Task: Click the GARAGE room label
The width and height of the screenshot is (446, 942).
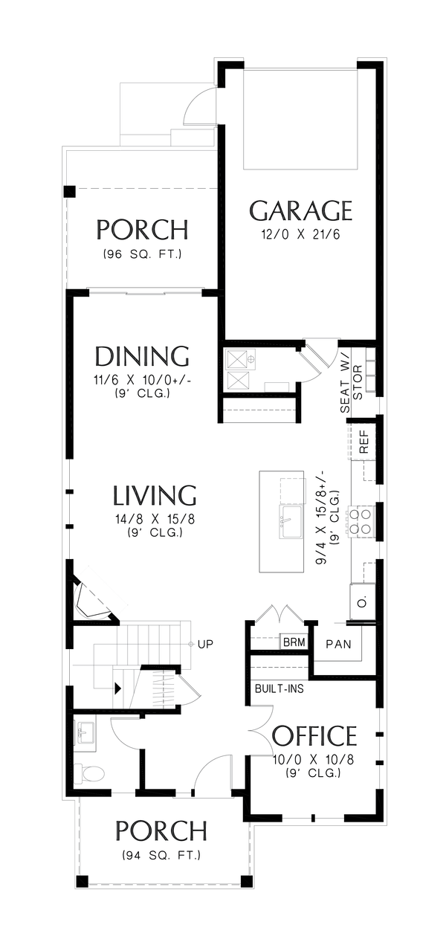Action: (x=300, y=211)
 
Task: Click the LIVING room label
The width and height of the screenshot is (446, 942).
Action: (x=155, y=495)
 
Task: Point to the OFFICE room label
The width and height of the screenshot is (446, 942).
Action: (x=314, y=736)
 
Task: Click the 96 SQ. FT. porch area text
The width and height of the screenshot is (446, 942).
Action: (x=141, y=254)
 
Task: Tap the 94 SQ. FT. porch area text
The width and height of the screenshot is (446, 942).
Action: (x=161, y=855)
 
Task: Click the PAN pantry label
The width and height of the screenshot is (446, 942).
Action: (x=338, y=644)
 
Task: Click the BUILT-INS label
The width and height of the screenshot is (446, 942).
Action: (x=279, y=688)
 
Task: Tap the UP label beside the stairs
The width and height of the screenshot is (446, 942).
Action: (x=205, y=644)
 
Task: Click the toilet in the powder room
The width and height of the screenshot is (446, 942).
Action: (x=92, y=774)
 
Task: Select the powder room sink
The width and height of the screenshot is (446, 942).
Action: (x=88, y=732)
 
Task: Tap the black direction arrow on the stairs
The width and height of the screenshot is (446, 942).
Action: (x=117, y=688)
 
